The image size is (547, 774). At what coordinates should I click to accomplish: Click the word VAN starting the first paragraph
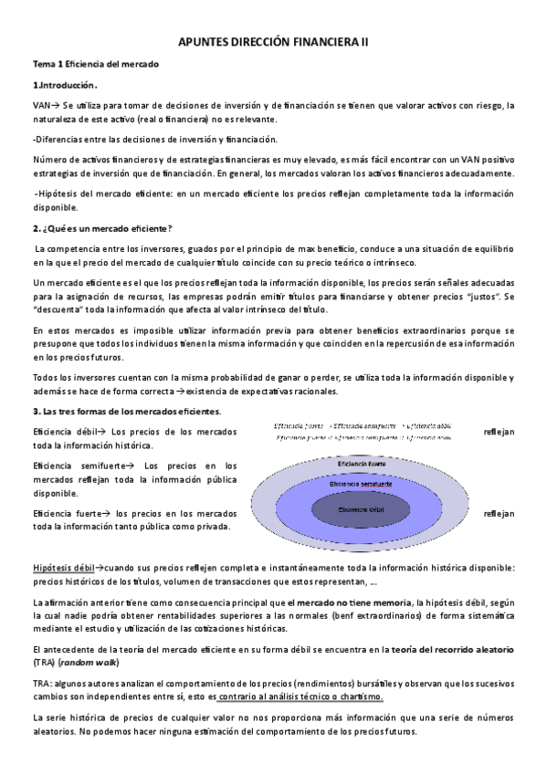[40, 105]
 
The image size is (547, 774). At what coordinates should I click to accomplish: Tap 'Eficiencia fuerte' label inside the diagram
[365, 464]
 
